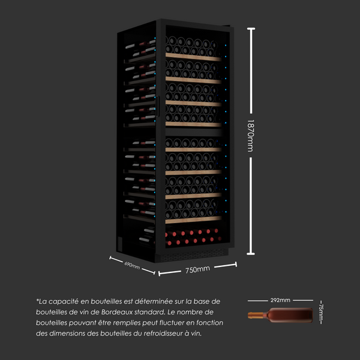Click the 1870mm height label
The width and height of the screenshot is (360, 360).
[x=250, y=136]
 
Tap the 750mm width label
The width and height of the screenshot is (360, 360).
[x=197, y=269]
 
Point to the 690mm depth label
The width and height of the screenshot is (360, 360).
[x=132, y=265]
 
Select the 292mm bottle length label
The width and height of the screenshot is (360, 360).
[x=280, y=300]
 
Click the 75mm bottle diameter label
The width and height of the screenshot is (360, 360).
[x=321, y=312]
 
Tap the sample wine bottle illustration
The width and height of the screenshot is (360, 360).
[x=280, y=315]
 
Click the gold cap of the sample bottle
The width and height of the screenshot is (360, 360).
[x=253, y=315]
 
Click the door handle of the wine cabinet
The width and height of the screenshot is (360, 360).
[x=157, y=106]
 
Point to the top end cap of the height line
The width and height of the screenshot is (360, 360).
[x=251, y=29]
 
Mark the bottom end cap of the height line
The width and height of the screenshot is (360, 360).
[x=250, y=254]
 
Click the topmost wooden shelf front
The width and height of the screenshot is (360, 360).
[x=193, y=57]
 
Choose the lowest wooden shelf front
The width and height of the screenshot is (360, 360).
[x=193, y=220]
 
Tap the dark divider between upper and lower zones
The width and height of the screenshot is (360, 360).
[x=193, y=132]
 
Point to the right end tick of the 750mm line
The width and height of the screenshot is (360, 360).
[x=236, y=264]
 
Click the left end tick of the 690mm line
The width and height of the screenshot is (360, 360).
[x=110, y=258]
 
